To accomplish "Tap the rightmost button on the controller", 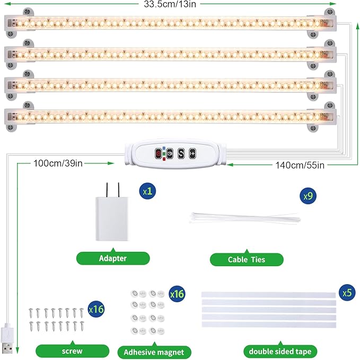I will pyautogui.click(x=192, y=152).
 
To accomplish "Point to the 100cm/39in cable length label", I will pyautogui.click(x=57, y=163).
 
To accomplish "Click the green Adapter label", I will pyautogui.click(x=113, y=258).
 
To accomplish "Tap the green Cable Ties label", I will pyautogui.click(x=247, y=259).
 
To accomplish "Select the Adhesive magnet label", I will pyautogui.click(x=154, y=352).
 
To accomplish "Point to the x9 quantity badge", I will pyautogui.click(x=308, y=196).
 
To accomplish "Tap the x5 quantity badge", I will pyautogui.click(x=347, y=292).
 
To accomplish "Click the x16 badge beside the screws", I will pyautogui.click(x=96, y=308).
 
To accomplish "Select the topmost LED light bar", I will pyautogui.click(x=170, y=24).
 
